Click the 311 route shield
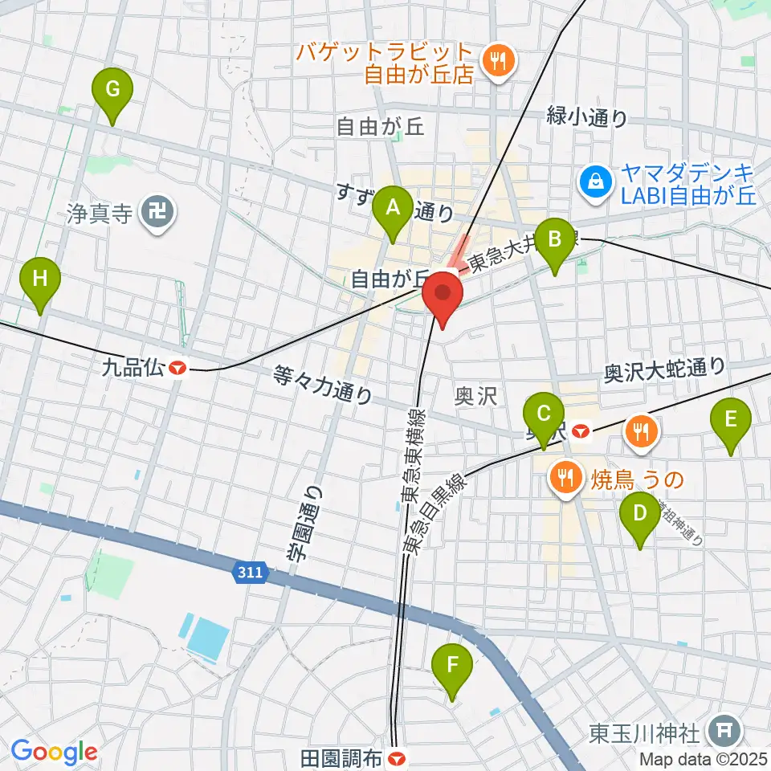click(249, 573)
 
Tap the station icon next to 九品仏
click(177, 368)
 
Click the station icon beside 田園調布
click(395, 758)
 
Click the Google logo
click(54, 752)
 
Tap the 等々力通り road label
click(323, 384)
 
